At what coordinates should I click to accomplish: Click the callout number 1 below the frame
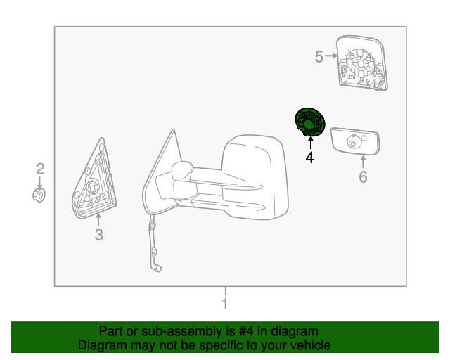tap(225, 304)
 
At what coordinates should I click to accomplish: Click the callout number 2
tap(40, 168)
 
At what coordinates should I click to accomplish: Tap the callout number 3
tap(99, 236)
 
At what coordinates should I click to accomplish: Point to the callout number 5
tap(319, 56)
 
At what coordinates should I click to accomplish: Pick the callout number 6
tap(363, 176)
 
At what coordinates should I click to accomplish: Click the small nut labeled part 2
tap(40, 194)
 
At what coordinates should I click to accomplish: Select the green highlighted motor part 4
tap(310, 122)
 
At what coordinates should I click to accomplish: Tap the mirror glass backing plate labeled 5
tap(361, 63)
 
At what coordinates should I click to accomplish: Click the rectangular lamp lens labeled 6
tap(356, 141)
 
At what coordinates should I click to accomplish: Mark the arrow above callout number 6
tap(363, 162)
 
